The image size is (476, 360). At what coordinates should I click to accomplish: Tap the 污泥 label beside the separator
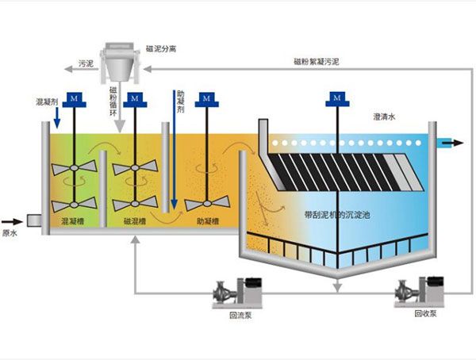click(x=86, y=62)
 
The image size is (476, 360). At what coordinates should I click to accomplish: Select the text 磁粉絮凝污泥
click(x=316, y=61)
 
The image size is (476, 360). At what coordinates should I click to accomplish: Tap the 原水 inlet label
click(x=10, y=233)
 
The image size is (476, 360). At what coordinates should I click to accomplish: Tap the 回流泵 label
click(x=238, y=314)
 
